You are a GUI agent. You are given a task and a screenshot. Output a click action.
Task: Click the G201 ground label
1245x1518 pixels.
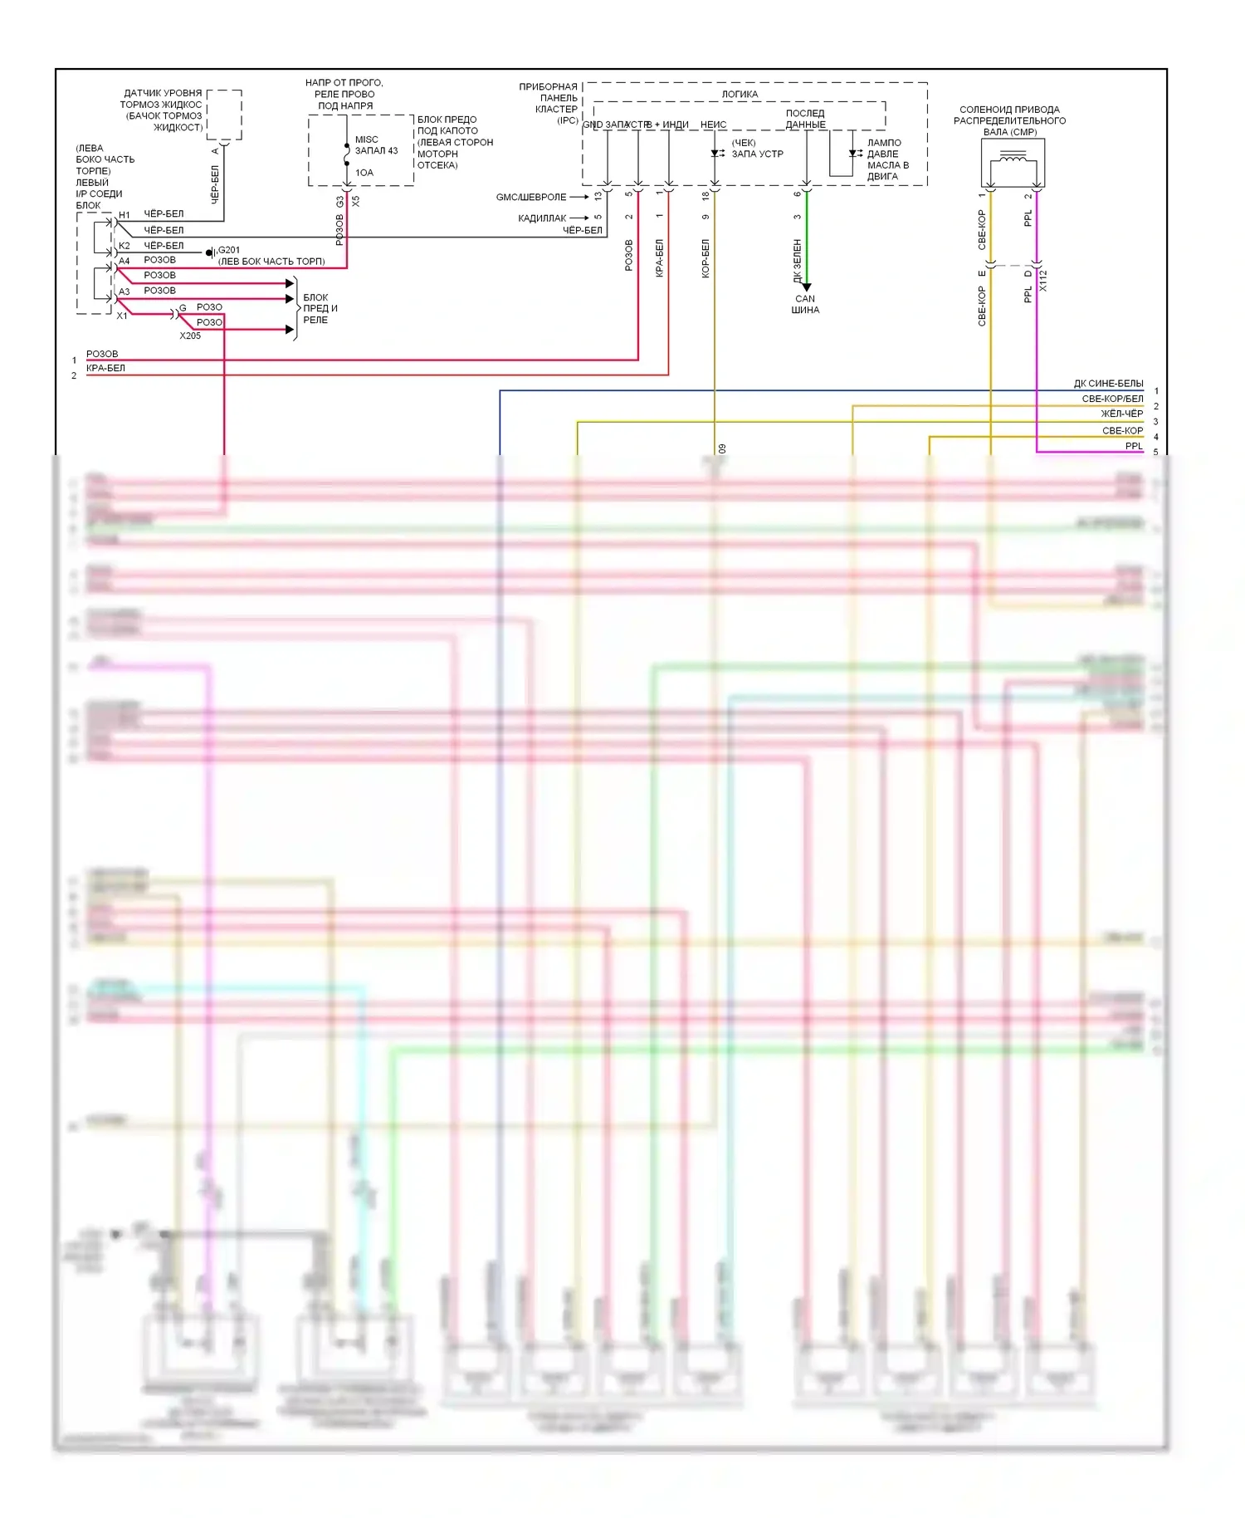229,250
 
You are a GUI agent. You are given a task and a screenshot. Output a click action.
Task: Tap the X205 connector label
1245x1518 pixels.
190,335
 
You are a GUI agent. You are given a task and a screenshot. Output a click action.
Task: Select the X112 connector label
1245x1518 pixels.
1043,281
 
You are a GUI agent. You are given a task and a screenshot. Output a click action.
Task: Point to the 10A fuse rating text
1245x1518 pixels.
364,173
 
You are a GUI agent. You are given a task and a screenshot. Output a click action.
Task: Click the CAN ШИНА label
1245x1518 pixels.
805,304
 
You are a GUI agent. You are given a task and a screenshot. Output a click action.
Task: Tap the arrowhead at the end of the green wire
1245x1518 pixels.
806,286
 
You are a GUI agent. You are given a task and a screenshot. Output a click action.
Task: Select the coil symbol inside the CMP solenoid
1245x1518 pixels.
1013,157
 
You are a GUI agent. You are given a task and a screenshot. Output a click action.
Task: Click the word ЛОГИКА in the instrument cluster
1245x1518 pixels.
740,94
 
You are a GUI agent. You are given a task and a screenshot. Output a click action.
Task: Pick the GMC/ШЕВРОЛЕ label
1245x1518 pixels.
531,198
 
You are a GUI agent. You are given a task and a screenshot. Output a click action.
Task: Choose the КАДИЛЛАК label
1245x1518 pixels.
542,218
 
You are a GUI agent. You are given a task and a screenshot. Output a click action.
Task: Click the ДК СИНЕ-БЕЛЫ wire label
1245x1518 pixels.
1108,384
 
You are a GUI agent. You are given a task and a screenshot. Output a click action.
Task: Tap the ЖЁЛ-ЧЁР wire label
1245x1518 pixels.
1121,414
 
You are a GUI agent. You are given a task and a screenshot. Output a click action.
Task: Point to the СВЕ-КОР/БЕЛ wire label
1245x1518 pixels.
1112,399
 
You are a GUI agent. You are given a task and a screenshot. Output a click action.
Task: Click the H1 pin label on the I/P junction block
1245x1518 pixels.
124,215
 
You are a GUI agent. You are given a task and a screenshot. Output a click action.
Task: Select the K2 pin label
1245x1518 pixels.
124,246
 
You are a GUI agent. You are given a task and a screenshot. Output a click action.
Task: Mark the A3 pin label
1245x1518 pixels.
124,291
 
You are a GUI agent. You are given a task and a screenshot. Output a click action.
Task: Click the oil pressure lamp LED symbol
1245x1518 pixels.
852,154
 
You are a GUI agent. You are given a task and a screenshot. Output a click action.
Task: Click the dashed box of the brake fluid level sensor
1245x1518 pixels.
224,115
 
